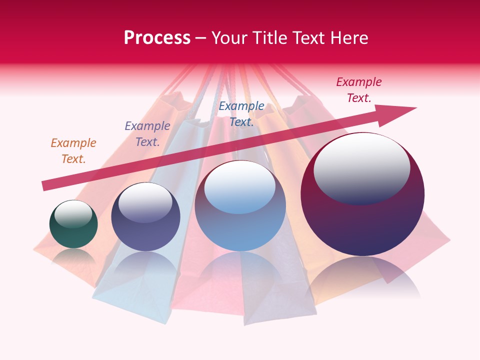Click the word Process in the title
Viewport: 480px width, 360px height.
(157, 38)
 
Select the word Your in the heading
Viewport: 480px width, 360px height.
(230, 38)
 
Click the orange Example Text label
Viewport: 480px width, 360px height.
(73, 151)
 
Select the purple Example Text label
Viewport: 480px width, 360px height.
(147, 134)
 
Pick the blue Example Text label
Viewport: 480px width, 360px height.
(241, 114)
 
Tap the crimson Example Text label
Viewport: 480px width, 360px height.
(359, 90)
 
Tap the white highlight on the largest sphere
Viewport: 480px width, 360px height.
(362, 168)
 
